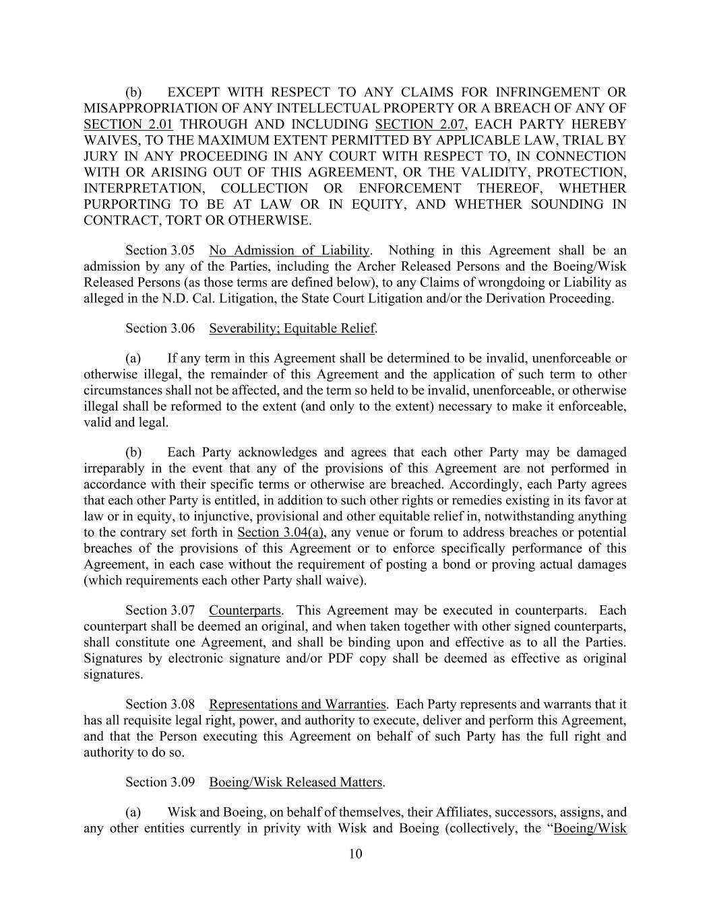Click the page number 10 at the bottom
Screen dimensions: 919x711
point(356,854)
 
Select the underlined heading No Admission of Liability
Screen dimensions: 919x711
point(289,250)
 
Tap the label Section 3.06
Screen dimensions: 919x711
point(160,328)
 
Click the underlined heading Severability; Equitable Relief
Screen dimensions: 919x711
point(292,328)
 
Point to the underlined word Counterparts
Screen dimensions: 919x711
point(245,610)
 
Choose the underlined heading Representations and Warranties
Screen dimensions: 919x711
point(297,704)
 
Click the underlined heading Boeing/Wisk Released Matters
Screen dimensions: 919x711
point(296,782)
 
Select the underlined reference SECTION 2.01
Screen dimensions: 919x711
point(128,124)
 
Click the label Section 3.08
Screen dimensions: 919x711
point(160,704)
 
